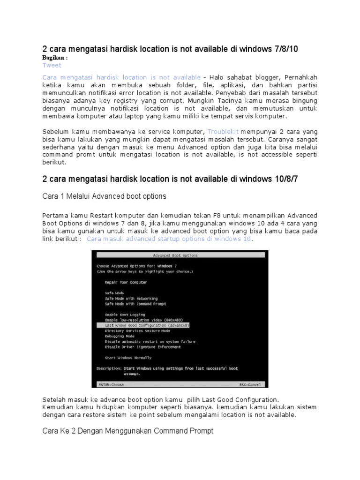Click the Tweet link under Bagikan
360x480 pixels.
point(52,65)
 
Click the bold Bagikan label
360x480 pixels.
point(55,58)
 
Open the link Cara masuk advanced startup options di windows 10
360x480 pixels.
point(169,239)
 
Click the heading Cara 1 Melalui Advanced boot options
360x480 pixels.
point(104,196)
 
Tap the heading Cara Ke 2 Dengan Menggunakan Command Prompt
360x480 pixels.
point(127,430)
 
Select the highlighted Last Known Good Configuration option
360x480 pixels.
point(147,325)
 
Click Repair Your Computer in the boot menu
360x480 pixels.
point(126,282)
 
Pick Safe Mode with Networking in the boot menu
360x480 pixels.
point(131,299)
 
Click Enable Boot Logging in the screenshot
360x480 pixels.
point(125,315)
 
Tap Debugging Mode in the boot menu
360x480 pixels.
point(120,336)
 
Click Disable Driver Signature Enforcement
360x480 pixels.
point(143,347)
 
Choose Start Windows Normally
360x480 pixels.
point(128,358)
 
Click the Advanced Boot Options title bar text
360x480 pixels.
point(175,255)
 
